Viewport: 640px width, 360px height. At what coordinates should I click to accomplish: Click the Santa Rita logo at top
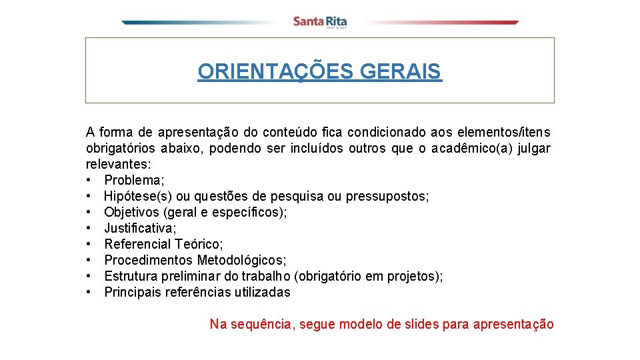[320, 22]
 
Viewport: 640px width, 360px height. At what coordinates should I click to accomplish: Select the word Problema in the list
[134, 180]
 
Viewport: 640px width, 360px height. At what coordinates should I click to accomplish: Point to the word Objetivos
[132, 212]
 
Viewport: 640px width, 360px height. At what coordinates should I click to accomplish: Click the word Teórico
[199, 244]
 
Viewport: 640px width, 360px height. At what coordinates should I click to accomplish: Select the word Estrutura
[131, 276]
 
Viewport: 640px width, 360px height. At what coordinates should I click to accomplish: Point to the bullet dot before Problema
[89, 180]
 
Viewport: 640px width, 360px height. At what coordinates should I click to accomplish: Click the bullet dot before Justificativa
[89, 228]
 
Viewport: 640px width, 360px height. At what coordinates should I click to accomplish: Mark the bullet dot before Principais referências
[89, 292]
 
